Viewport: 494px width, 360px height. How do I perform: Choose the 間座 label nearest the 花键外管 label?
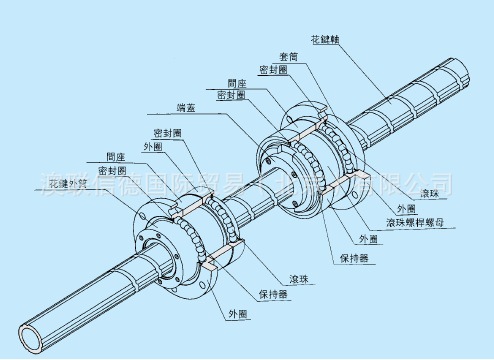(116, 158)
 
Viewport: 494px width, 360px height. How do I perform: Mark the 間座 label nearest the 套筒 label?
(238, 84)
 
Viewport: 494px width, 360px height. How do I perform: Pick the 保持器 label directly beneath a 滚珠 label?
(270, 295)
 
